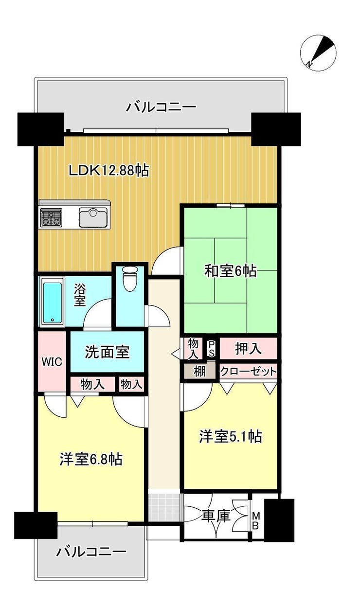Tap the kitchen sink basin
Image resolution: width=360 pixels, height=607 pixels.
(x=93, y=217)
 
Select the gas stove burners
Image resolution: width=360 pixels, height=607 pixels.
(x=51, y=217)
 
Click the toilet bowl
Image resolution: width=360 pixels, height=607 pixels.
(x=129, y=279)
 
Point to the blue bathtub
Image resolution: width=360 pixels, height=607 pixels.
(x=52, y=302)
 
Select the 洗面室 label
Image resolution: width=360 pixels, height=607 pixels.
(x=107, y=352)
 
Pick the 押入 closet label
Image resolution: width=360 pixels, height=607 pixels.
(x=248, y=348)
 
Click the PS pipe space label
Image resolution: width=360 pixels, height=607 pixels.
(x=212, y=349)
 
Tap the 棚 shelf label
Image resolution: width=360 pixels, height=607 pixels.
(x=199, y=371)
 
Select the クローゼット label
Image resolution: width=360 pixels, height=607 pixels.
(x=248, y=372)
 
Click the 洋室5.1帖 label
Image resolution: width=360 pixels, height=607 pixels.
(x=231, y=436)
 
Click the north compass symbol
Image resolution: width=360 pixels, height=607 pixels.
(x=319, y=54)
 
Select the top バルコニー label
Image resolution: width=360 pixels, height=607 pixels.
(x=161, y=107)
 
